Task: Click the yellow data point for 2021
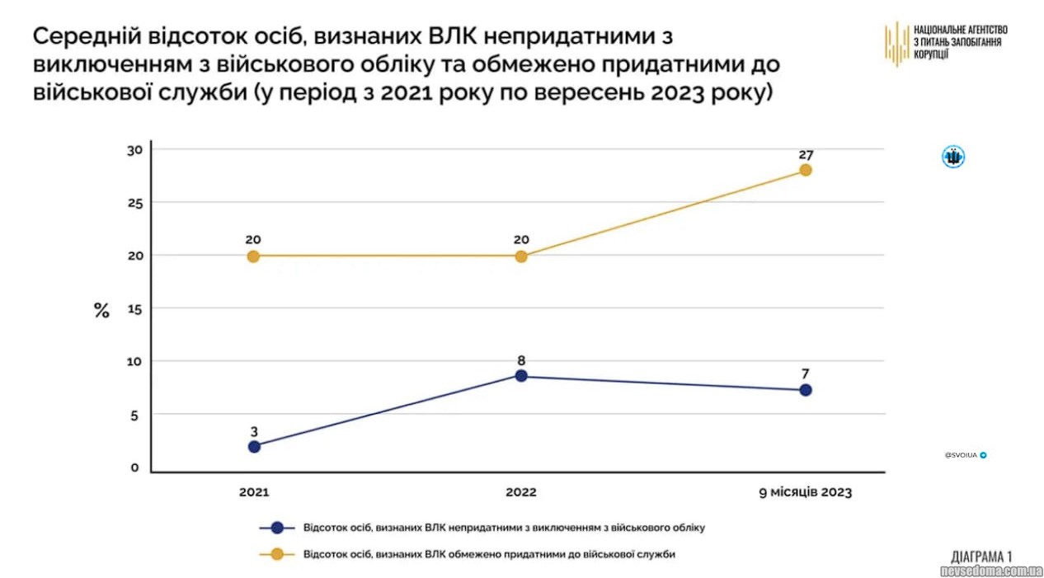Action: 253,256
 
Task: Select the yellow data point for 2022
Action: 521,256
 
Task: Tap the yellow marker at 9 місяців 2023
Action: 806,170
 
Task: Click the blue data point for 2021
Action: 254,446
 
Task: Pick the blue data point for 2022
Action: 521,376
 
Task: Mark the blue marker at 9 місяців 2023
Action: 806,390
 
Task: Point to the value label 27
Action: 806,154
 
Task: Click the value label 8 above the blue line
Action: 521,360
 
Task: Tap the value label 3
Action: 254,430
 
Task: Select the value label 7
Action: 806,374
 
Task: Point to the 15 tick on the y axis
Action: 135,308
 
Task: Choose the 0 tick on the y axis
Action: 135,468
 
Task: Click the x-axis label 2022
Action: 521,492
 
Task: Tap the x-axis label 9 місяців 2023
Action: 805,492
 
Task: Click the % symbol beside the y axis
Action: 101,311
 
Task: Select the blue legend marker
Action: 277,528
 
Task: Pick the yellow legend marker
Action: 277,554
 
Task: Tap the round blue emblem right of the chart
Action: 953,157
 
